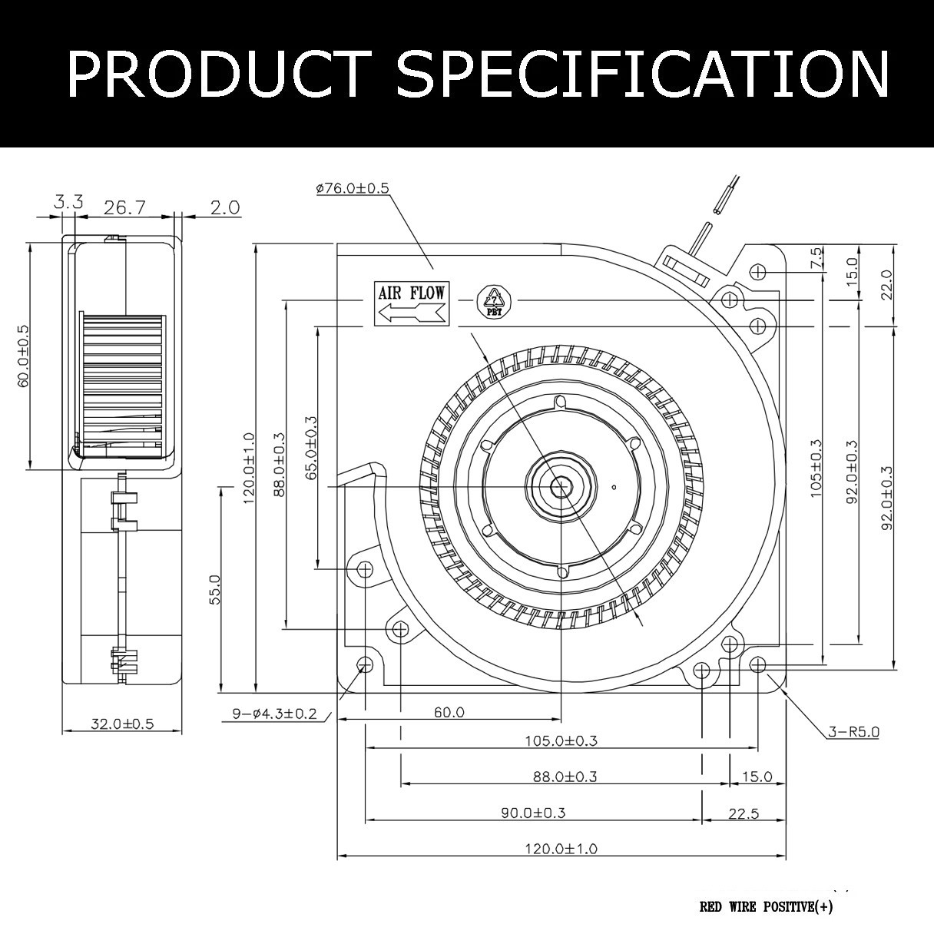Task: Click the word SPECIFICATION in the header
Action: click(x=643, y=75)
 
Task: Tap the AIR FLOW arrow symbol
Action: click(x=412, y=312)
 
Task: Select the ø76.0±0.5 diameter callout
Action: click(x=353, y=187)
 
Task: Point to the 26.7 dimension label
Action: click(x=124, y=208)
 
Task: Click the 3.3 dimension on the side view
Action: click(x=68, y=202)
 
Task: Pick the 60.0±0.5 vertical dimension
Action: click(x=23, y=356)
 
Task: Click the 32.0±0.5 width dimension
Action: click(x=122, y=724)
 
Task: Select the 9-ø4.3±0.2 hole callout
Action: click(x=274, y=714)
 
